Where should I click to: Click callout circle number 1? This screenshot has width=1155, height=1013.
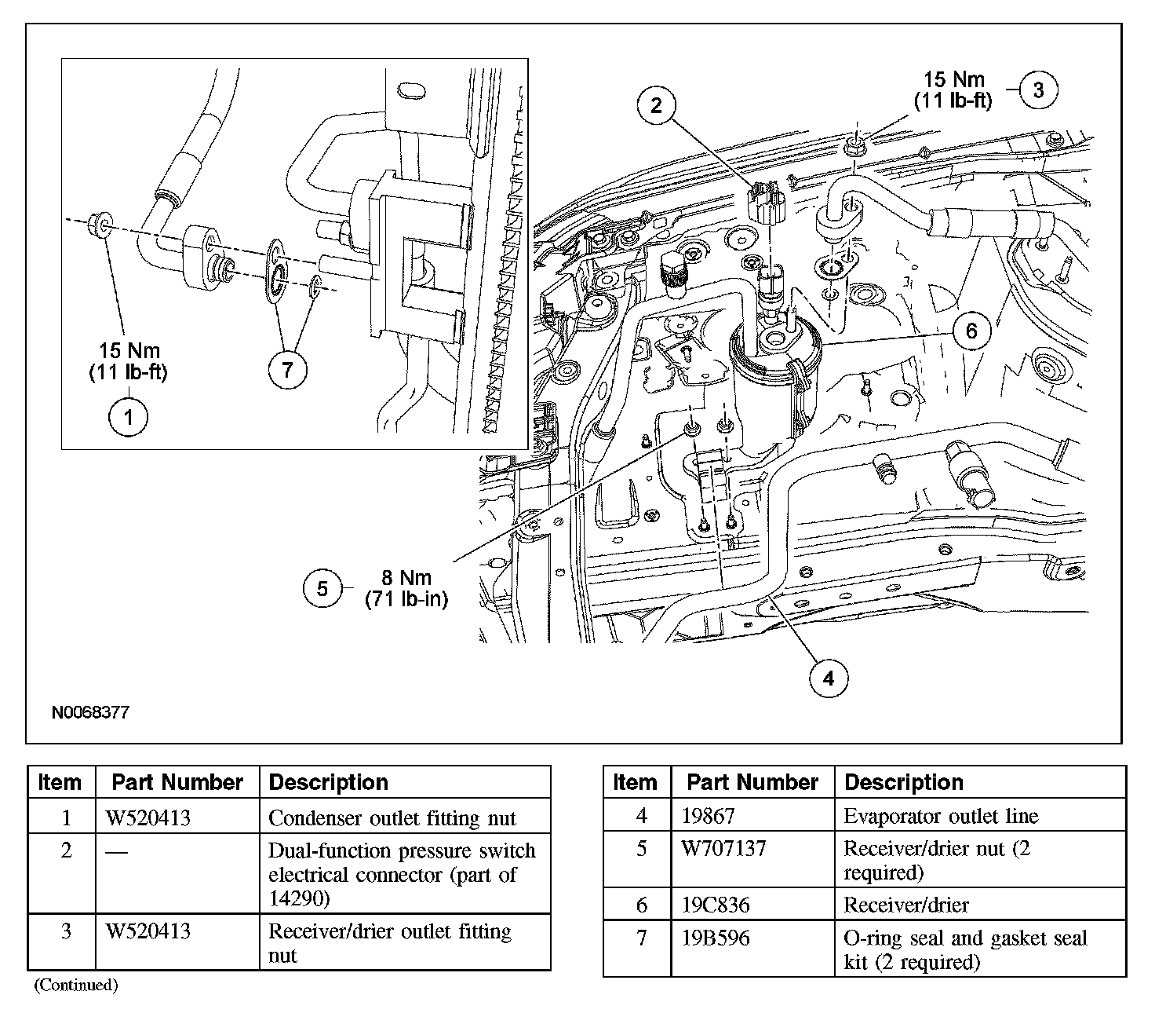pyautogui.click(x=128, y=417)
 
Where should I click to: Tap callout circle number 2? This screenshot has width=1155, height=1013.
pyautogui.click(x=657, y=105)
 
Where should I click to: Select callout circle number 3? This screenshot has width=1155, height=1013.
pyautogui.click(x=1038, y=90)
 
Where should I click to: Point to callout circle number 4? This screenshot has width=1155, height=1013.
pyautogui.click(x=829, y=677)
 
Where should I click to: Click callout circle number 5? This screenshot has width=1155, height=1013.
pyautogui.click(x=322, y=588)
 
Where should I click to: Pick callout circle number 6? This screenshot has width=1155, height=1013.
pyautogui.click(x=971, y=331)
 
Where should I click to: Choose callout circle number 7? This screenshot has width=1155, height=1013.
pyautogui.click(x=287, y=368)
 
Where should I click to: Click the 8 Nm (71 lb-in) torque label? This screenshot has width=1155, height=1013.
pyautogui.click(x=406, y=589)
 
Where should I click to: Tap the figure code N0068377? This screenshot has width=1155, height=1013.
pyautogui.click(x=90, y=713)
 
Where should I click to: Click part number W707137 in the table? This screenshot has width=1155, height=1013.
pyautogui.click(x=723, y=849)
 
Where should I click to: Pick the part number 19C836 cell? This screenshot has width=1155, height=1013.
pyautogui.click(x=716, y=905)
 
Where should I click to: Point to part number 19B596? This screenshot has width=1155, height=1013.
pyautogui.click(x=716, y=938)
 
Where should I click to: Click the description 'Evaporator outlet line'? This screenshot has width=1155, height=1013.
pyautogui.click(x=940, y=817)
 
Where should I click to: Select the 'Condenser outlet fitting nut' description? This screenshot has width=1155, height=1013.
pyautogui.click(x=392, y=818)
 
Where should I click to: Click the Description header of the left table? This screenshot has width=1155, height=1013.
pyautogui.click(x=328, y=782)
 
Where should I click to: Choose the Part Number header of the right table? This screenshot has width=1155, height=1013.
pyautogui.click(x=752, y=782)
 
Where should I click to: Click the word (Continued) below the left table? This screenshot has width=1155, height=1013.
pyautogui.click(x=75, y=985)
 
